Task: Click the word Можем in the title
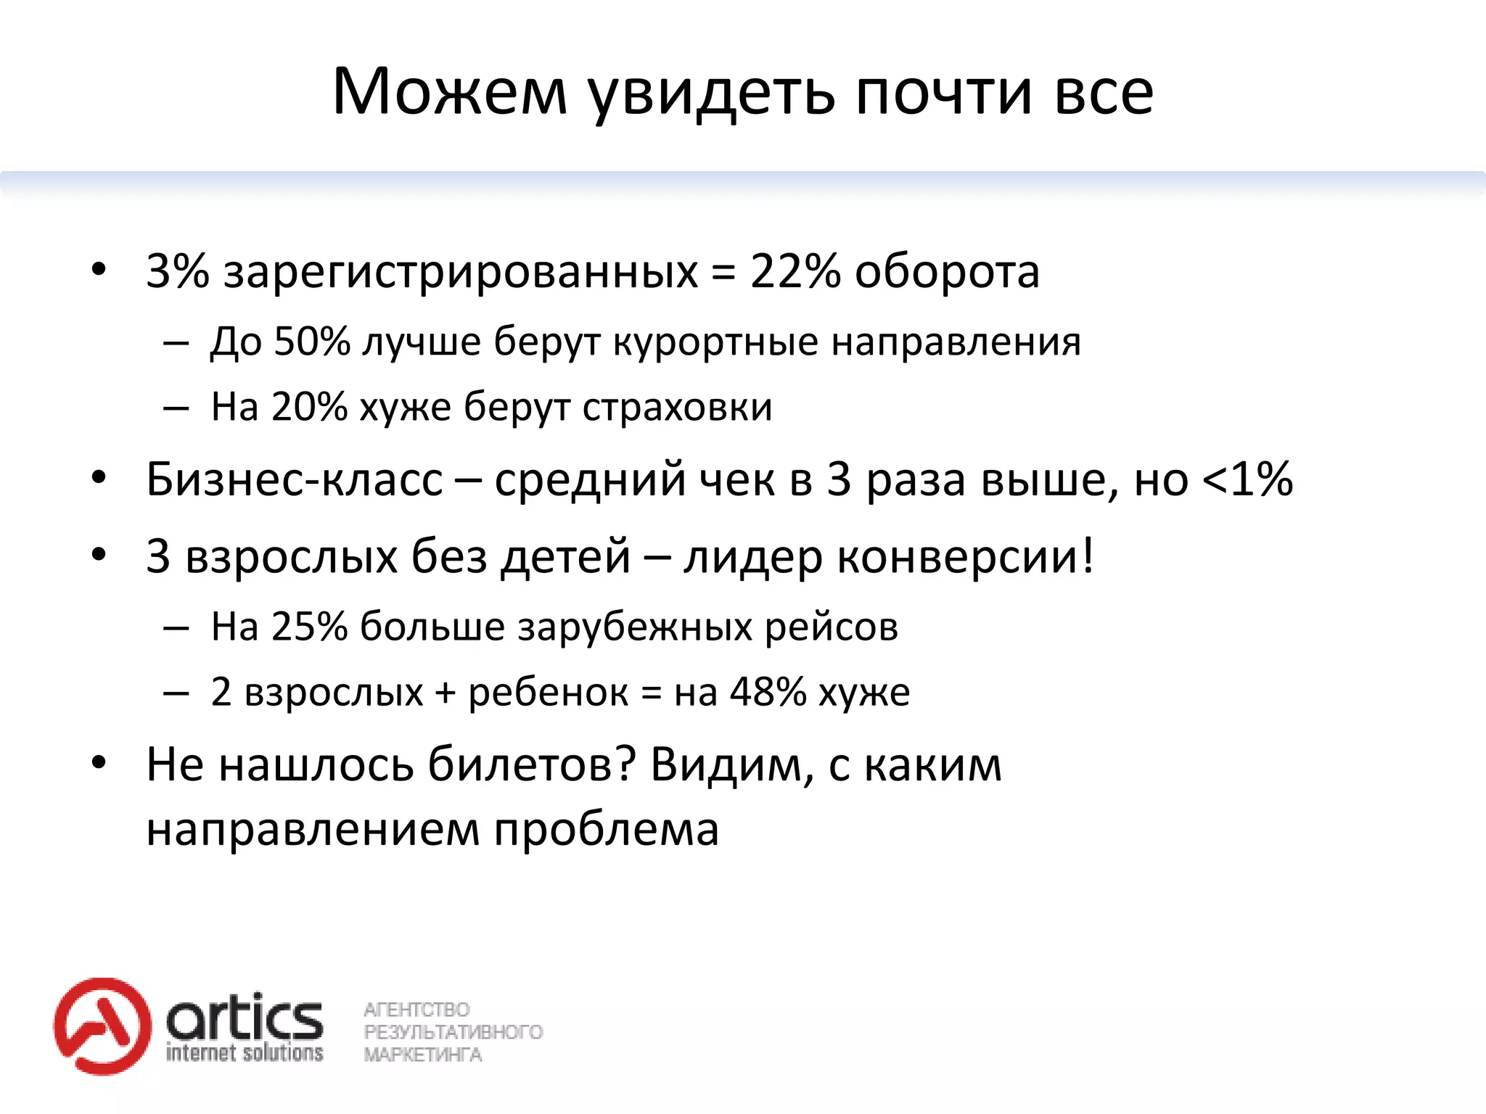pos(449,92)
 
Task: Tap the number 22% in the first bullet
pos(795,271)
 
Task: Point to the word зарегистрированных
pos(460,274)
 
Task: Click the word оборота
pos(947,273)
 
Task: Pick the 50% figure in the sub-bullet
pos(312,341)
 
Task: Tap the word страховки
pos(677,408)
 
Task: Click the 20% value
pos(310,406)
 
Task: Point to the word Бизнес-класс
pos(294,479)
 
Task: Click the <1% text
pos(1247,479)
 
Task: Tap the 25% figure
pos(310,626)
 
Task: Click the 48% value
pos(768,692)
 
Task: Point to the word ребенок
pos(548,693)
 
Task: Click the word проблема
pos(607,830)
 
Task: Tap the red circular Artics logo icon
pos(102,1026)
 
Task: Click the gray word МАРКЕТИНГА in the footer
pos(422,1055)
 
